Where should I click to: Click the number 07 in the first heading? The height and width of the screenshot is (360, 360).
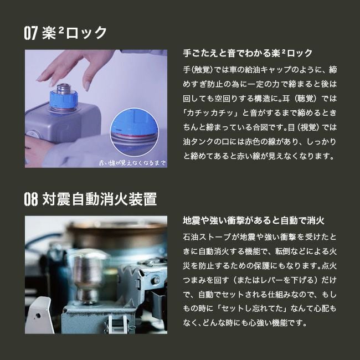[31, 33]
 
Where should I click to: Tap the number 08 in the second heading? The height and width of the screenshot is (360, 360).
[31, 199]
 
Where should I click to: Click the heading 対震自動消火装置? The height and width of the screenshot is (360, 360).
[100, 199]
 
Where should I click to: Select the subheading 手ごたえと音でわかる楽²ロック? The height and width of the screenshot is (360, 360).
[248, 53]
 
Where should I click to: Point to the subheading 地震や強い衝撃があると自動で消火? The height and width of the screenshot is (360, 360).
[254, 220]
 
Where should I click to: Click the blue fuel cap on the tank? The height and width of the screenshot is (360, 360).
[63, 99]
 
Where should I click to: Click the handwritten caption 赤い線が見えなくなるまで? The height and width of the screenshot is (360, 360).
[132, 162]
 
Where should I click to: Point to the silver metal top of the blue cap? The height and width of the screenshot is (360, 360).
[63, 89]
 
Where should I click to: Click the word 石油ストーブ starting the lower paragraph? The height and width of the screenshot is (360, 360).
[207, 237]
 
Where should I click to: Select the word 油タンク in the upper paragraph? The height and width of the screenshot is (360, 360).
[198, 142]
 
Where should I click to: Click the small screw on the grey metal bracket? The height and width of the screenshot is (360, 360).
[156, 281]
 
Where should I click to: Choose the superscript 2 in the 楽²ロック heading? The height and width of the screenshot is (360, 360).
[61, 30]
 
